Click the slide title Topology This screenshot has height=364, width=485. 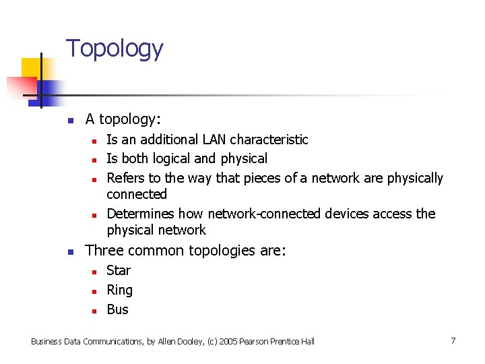point(115,49)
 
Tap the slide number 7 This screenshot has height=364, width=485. point(453,340)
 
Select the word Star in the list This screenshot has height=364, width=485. point(119,270)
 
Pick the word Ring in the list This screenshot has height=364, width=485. point(120,291)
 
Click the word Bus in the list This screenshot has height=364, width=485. point(117,309)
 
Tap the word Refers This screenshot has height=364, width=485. point(125,178)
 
